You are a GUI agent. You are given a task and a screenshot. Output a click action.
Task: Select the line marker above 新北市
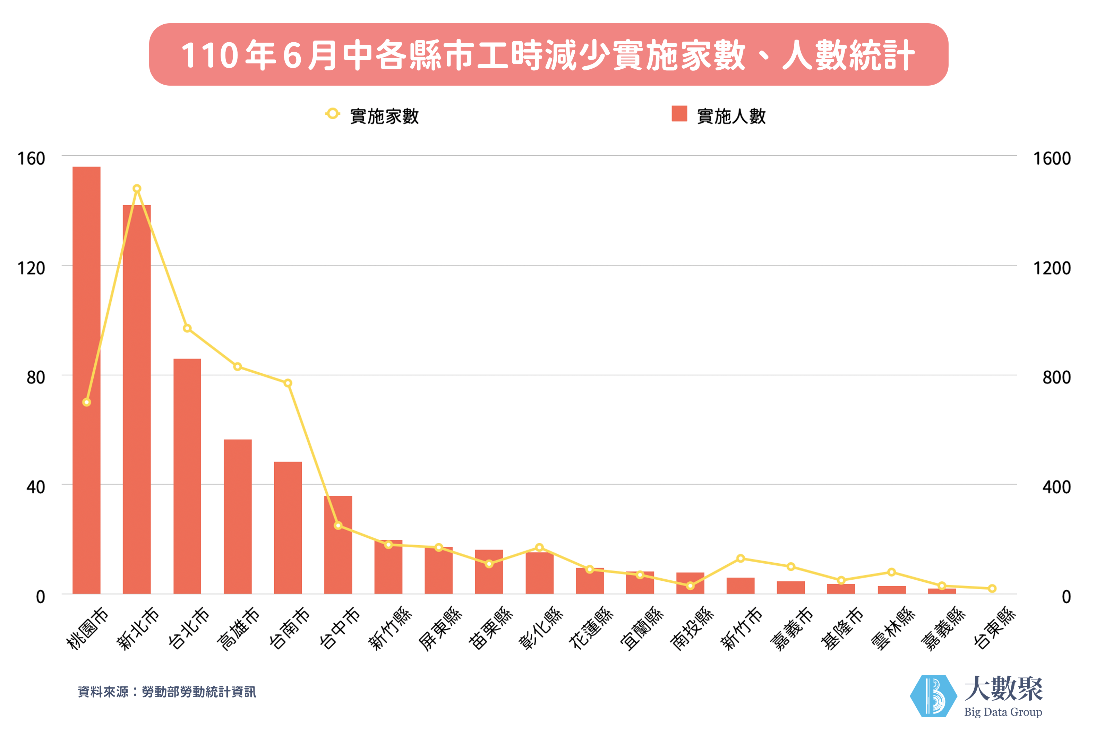click(137, 189)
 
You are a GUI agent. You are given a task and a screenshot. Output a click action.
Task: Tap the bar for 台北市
click(187, 476)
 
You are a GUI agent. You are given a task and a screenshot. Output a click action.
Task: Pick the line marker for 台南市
click(288, 383)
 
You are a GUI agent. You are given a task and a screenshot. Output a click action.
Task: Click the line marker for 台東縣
click(992, 589)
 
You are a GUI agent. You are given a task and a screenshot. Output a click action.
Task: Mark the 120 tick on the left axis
click(31, 268)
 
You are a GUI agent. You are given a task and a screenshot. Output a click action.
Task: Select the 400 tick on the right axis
click(1056, 487)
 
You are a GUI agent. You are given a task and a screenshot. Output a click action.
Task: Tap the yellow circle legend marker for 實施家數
click(332, 114)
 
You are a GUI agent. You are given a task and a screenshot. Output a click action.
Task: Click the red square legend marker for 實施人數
click(679, 114)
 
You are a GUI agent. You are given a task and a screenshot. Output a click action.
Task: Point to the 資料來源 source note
click(167, 691)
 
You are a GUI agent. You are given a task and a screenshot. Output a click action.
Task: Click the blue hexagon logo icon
click(933, 696)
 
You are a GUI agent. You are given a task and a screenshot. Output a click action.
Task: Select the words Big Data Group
click(1003, 712)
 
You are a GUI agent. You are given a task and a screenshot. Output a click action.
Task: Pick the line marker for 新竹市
click(740, 558)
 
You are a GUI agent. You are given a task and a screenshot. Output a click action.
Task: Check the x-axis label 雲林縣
click(893, 627)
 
